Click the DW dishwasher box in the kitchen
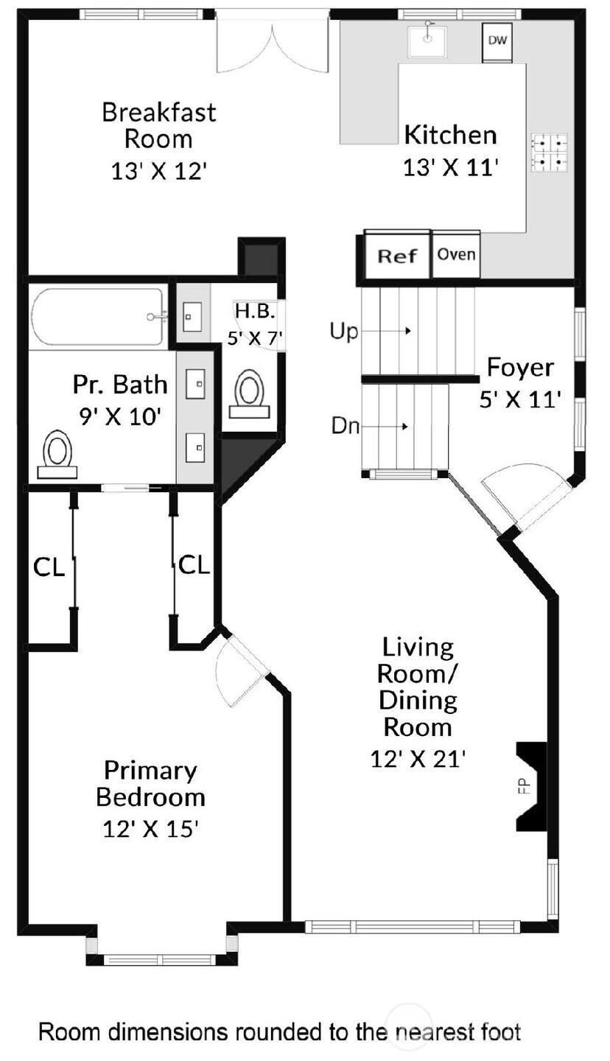point(497,39)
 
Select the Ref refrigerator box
point(398,256)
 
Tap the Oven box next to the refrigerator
point(456,254)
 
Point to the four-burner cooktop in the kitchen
point(550,153)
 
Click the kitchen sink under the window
point(427,41)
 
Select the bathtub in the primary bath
point(97,317)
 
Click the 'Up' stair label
point(343,332)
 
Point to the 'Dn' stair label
point(344,426)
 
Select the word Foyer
point(520,367)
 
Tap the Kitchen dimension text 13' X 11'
point(451,168)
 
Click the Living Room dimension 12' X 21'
point(418,759)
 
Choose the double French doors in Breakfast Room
point(273,44)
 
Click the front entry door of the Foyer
point(527,496)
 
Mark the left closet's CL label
point(49,568)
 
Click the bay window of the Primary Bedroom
point(161,959)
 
